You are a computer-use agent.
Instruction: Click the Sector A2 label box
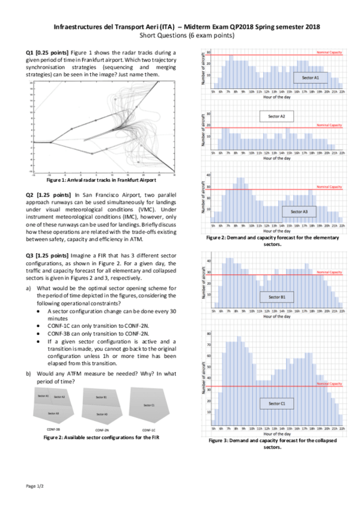coord(276,115)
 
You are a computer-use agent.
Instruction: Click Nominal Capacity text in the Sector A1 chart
coord(329,53)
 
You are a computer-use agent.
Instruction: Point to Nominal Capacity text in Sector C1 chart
coord(329,384)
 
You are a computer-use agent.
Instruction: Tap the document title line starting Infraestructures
coord(187,27)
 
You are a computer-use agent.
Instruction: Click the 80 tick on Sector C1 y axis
coord(209,333)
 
